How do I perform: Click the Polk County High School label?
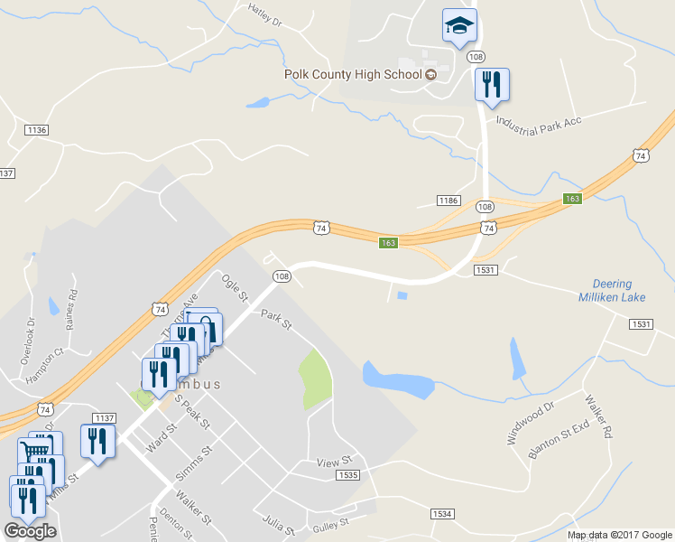pos(354,74)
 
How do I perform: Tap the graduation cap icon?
pos(459,24)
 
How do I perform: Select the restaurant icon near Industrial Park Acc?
pos(492,85)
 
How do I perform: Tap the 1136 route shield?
pos(37,130)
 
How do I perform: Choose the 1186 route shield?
pos(448,200)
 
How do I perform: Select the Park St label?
pos(277,320)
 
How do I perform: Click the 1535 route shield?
pos(347,474)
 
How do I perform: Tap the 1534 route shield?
pos(441,513)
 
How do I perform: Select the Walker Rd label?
pos(597,414)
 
